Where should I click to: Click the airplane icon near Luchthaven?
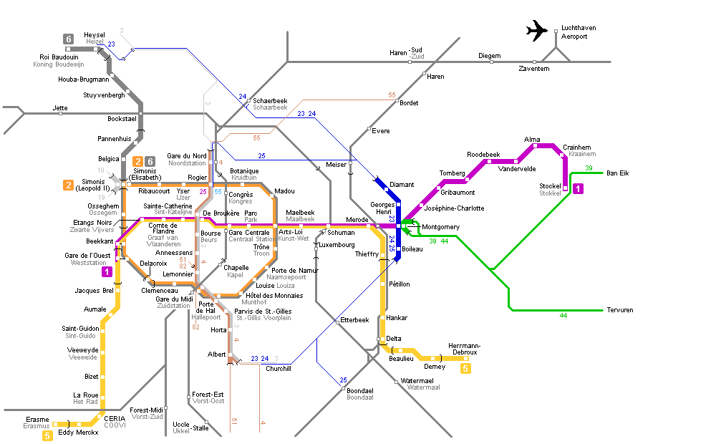[536, 31]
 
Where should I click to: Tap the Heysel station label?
[94, 35]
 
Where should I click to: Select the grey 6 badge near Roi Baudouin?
[68, 39]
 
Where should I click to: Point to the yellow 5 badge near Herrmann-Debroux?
[466, 369]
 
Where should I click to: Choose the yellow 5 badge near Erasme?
[48, 435]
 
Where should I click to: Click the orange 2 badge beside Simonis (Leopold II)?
[68, 185]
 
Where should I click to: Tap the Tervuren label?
[620, 310]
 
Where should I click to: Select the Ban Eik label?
[618, 173]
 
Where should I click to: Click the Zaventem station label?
[533, 69]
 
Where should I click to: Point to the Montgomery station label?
[440, 227]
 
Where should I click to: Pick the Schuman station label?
[341, 233]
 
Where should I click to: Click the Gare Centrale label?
[248, 233]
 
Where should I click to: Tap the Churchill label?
[279, 369]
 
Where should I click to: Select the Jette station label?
[60, 108]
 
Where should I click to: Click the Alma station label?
[532, 140]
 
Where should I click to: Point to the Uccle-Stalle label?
[190, 426]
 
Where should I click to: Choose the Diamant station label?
[401, 185]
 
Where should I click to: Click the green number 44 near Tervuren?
[563, 316]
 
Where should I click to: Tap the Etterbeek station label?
[354, 319]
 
